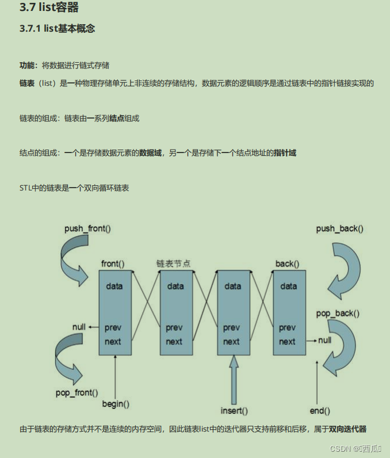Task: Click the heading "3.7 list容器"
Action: pyautogui.click(x=49, y=8)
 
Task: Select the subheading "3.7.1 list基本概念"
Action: pyautogui.click(x=57, y=29)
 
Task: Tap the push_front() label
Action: pyautogui.click(x=87, y=228)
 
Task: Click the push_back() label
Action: pyautogui.click(x=339, y=228)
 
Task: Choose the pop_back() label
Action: pyautogui.click(x=338, y=314)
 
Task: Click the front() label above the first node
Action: pyautogui.click(x=113, y=264)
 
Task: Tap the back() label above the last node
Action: pyautogui.click(x=287, y=264)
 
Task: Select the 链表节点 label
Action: pyautogui.click(x=174, y=264)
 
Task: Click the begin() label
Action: pyautogui.click(x=116, y=403)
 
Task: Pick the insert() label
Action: pyautogui.click(x=234, y=411)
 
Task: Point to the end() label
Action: pyautogui.click(x=320, y=411)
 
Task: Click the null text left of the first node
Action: pyautogui.click(x=79, y=327)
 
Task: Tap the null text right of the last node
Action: pyautogui.click(x=325, y=340)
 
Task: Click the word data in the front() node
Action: pyautogui.click(x=114, y=286)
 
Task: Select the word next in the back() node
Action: pyautogui.click(x=287, y=342)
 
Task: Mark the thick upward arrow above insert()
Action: pyautogui.click(x=234, y=380)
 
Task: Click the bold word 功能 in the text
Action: pyautogui.click(x=28, y=66)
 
